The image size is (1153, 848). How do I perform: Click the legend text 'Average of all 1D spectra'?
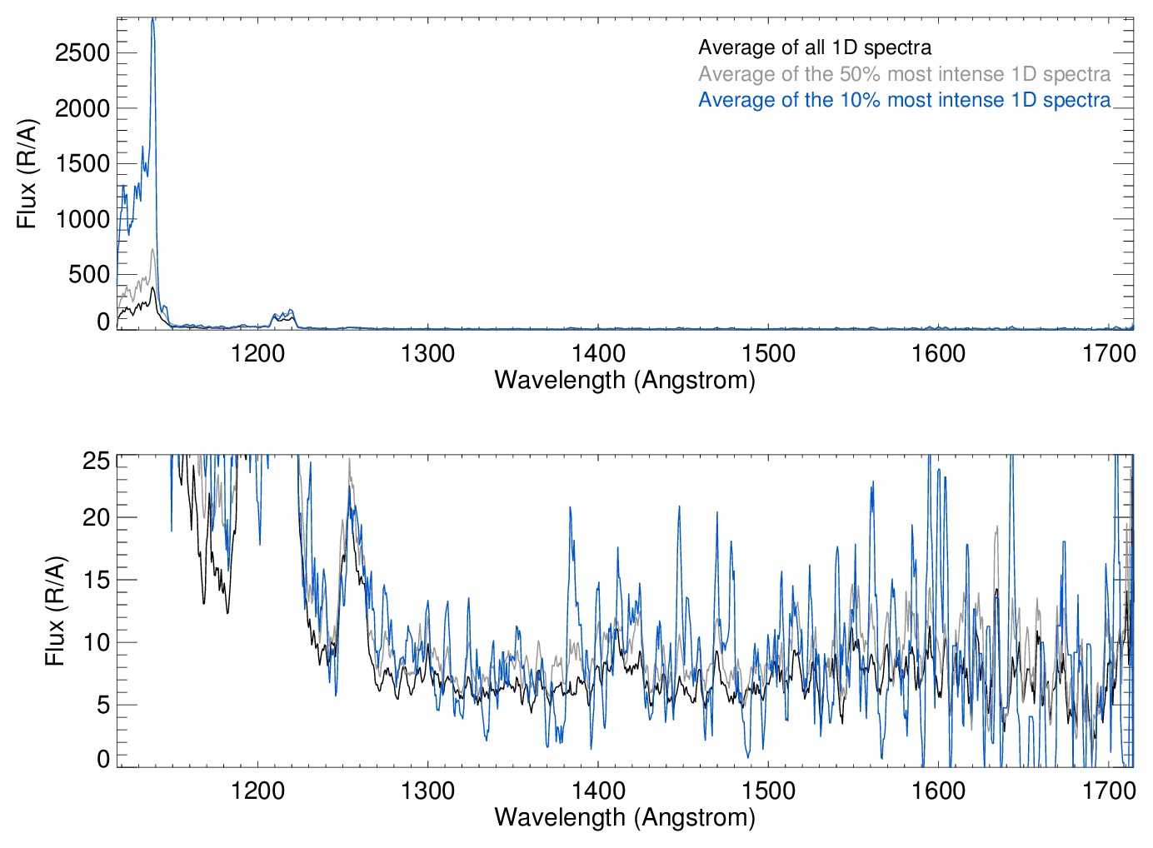[814, 47]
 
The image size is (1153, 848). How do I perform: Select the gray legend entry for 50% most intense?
[904, 74]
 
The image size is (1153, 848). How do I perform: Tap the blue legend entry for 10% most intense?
[904, 100]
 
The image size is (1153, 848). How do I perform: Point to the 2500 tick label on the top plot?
[82, 52]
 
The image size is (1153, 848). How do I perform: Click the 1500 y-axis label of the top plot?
[82, 163]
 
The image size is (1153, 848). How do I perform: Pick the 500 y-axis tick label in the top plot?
[89, 274]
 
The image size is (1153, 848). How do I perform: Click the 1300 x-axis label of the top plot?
[427, 353]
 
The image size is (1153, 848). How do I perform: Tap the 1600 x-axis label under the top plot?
[938, 353]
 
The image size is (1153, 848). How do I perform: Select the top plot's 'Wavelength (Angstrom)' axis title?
[625, 380]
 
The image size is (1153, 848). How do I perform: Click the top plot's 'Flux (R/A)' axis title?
[27, 173]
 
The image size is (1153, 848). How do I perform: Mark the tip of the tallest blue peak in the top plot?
[152, 18]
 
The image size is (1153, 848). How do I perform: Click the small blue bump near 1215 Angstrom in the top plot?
[284, 313]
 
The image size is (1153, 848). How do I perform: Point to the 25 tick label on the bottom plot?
[97, 461]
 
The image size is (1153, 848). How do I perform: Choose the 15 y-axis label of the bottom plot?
[97, 580]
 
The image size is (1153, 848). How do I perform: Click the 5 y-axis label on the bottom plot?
[103, 705]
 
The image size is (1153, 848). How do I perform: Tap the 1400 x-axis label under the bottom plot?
[598, 791]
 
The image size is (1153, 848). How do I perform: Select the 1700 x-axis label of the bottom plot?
[1109, 791]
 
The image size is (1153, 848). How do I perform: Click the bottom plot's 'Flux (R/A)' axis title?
[55, 611]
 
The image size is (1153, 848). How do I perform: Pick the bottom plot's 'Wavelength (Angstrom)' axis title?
[625, 817]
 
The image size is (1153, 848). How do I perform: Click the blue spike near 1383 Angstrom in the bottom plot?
[570, 507]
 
